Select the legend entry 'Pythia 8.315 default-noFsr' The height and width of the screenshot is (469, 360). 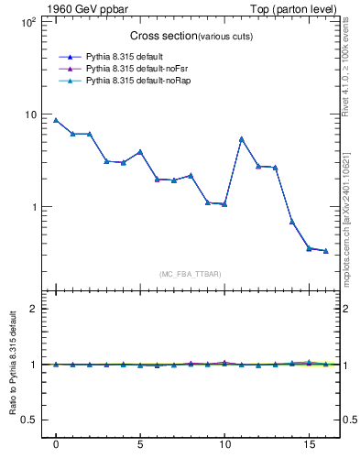coord(137,69)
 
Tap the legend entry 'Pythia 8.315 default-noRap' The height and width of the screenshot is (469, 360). coord(138,82)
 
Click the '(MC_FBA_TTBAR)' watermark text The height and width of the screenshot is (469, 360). coord(191,274)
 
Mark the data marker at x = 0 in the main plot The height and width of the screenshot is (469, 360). coord(56,120)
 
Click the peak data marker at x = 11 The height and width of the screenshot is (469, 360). coord(241,139)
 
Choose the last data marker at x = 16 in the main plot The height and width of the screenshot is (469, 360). coord(325,250)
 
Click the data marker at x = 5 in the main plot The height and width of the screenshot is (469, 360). coord(140,151)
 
